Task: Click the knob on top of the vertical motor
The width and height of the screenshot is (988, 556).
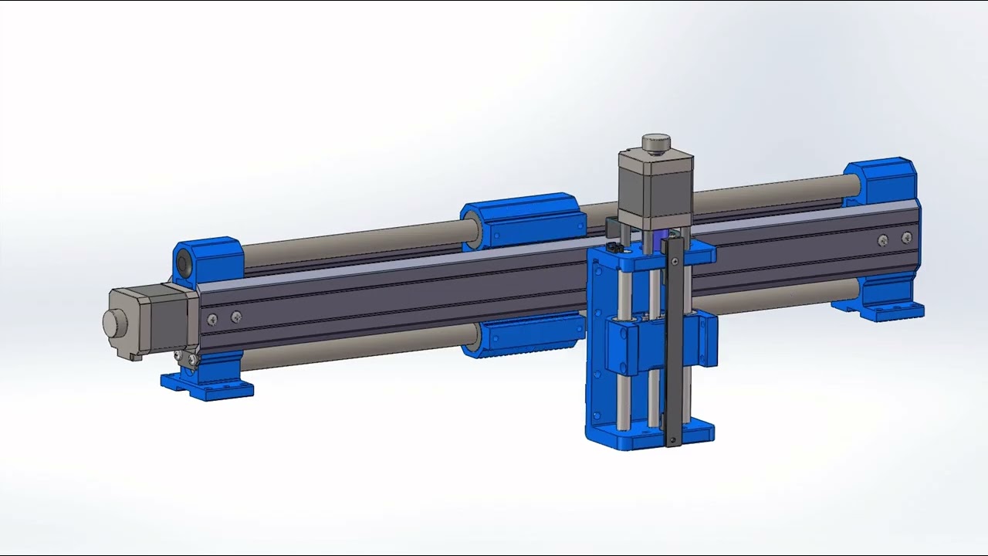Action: [x=656, y=143]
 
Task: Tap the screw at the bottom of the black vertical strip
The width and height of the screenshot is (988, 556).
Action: [x=673, y=440]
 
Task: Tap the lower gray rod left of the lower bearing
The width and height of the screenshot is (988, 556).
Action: [x=347, y=350]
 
